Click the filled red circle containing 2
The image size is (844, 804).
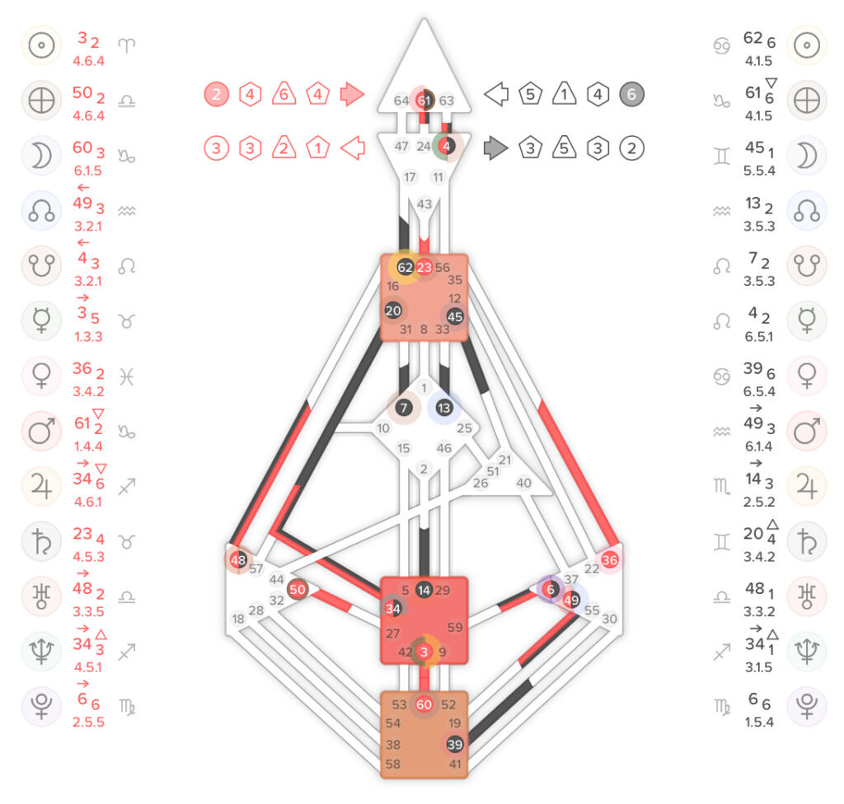coord(217,94)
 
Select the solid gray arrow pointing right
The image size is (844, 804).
coord(495,148)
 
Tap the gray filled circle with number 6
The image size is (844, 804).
coord(631,94)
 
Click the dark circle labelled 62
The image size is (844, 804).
coord(406,267)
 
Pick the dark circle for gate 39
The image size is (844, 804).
coord(455,744)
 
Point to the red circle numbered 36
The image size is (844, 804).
coord(609,559)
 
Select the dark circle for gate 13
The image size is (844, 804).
coord(444,408)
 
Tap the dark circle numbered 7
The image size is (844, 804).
coord(404,408)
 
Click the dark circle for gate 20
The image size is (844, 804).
coord(393,311)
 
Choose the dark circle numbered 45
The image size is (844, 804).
coord(455,316)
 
